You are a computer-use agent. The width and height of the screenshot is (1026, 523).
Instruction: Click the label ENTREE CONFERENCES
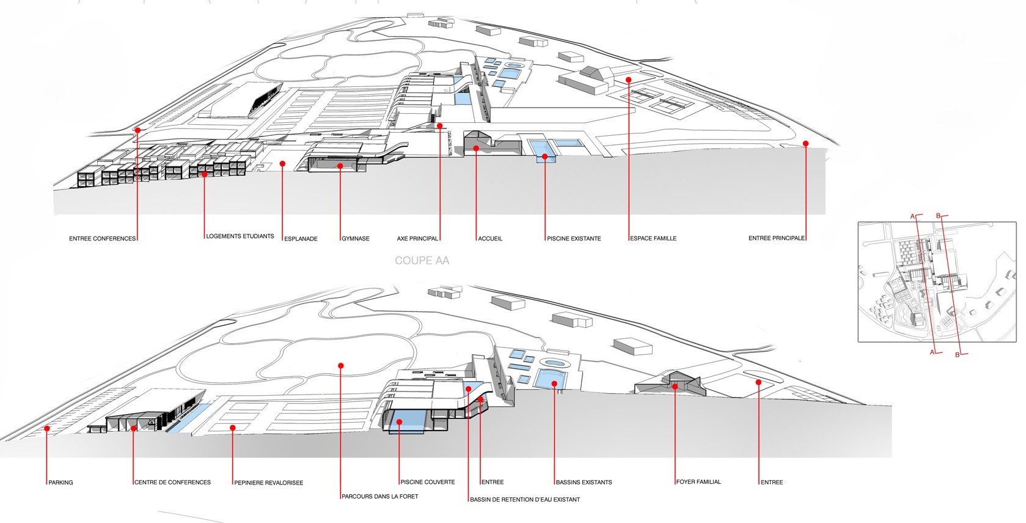pyautogui.click(x=102, y=239)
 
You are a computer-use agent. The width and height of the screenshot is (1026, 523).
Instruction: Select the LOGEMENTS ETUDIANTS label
pyautogui.click(x=240, y=236)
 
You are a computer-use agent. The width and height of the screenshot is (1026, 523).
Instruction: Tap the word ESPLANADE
pyautogui.click(x=301, y=239)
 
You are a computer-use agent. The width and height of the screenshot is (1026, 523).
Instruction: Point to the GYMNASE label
pyautogui.click(x=356, y=239)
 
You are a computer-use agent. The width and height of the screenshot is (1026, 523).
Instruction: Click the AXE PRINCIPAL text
pyautogui.click(x=417, y=239)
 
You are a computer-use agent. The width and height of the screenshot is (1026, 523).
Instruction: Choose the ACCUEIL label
pyautogui.click(x=490, y=239)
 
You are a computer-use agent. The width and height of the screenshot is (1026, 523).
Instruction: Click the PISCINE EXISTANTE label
pyautogui.click(x=574, y=239)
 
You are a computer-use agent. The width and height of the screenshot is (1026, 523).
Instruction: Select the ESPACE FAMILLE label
pyautogui.click(x=653, y=238)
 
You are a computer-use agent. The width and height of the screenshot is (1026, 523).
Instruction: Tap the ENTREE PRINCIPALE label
pyautogui.click(x=776, y=238)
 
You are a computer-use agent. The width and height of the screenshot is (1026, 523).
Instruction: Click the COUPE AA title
pyautogui.click(x=422, y=261)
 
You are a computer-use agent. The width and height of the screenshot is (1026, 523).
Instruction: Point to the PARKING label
pyautogui.click(x=61, y=483)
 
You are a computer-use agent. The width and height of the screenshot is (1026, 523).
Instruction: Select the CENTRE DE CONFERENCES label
pyautogui.click(x=173, y=482)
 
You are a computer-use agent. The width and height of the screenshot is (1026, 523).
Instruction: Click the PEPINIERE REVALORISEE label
pyautogui.click(x=269, y=483)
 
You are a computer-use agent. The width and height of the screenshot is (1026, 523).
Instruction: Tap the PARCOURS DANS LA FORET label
pyautogui.click(x=380, y=496)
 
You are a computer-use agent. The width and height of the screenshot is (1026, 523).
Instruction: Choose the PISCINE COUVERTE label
pyautogui.click(x=428, y=482)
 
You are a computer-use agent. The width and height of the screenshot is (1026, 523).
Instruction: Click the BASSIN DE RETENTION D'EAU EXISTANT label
pyautogui.click(x=525, y=500)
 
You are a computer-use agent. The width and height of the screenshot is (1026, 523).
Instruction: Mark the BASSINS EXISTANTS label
pyautogui.click(x=584, y=482)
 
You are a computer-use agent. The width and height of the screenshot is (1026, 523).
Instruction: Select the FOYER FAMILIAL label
pyautogui.click(x=698, y=482)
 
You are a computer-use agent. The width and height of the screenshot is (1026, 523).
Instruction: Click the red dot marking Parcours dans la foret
pyautogui.click(x=340, y=366)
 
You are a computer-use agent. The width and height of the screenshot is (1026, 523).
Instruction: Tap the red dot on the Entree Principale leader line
pyautogui.click(x=805, y=144)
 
